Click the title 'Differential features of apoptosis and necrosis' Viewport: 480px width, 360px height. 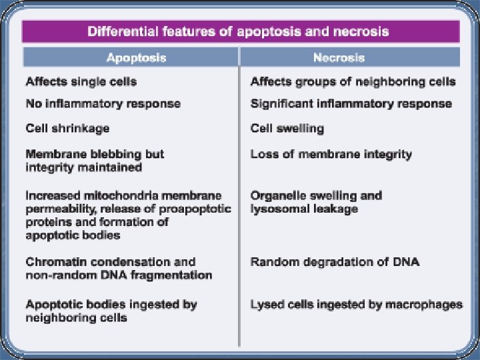tap(239, 31)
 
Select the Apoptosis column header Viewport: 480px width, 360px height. tap(129, 57)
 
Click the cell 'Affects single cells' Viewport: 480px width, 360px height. tap(81, 82)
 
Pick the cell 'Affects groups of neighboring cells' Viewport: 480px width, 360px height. tap(353, 82)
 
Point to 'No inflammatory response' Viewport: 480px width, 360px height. tap(103, 104)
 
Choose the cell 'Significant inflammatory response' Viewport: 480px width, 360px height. tap(351, 104)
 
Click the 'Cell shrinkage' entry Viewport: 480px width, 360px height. tap(67, 127)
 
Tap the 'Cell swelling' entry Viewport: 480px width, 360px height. tap(287, 127)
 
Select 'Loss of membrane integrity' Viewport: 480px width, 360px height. tap(331, 154)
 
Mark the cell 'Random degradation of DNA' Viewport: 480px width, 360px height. tap(335, 262)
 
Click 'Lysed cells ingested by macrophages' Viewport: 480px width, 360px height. tap(356, 305)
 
